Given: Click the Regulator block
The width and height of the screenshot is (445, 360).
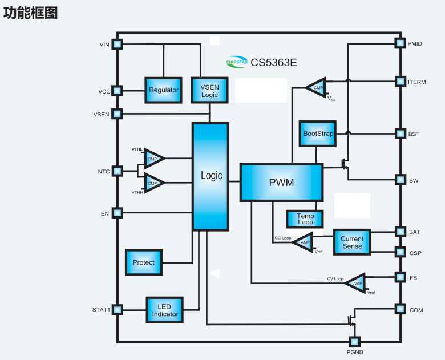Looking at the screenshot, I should point(164,90).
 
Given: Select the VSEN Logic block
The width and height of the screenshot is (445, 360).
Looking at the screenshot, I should point(209,90).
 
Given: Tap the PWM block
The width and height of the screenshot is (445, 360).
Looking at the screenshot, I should point(281,183).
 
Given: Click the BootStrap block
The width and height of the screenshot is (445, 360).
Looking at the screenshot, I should point(317,134).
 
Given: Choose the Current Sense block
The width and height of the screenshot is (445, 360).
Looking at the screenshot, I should point(352,242).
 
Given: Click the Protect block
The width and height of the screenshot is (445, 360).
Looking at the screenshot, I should point(144,262).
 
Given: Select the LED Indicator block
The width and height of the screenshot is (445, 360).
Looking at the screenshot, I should point(165,310).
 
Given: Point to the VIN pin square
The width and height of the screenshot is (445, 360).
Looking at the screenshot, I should point(117,44).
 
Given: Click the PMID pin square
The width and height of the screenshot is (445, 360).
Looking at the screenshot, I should point(399,43).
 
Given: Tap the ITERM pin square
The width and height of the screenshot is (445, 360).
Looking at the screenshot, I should point(399,82).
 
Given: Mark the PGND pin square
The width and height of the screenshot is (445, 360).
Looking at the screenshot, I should point(354,342).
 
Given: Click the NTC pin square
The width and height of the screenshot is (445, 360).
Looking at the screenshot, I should point(117,171).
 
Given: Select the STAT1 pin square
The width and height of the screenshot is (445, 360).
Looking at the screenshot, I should point(117,310).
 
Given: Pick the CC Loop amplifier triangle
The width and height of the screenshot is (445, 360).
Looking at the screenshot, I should point(303,242).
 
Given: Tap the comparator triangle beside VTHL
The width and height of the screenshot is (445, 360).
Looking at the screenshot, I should point(153,159).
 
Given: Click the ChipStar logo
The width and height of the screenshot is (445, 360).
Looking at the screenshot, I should point(237,62).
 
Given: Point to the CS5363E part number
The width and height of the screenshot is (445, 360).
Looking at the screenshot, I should point(274,62).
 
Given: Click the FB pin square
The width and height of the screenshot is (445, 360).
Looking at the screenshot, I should point(399,277).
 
